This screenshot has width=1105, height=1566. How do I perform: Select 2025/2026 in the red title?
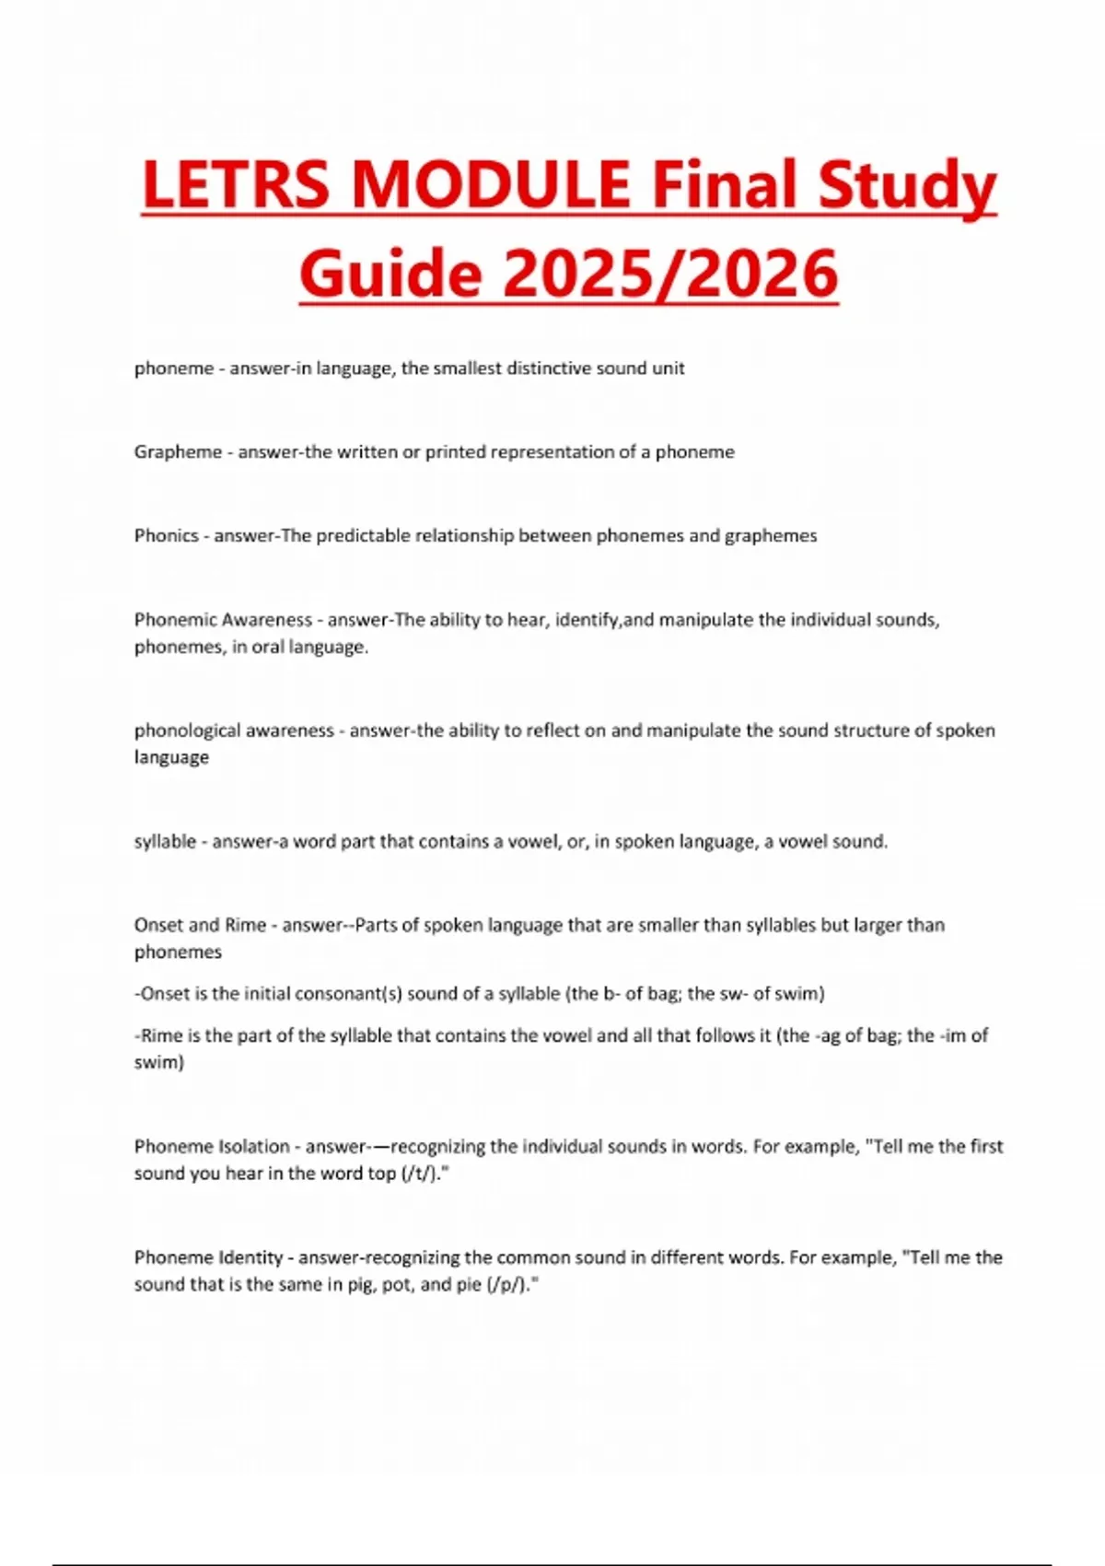pos(670,274)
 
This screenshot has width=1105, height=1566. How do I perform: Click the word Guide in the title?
pos(390,274)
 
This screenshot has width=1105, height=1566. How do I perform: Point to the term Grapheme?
pos(178,452)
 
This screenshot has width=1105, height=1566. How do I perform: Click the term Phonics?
pos(166,536)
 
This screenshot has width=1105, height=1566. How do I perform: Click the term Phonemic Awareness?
pos(223,620)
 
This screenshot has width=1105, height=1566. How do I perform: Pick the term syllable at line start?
pos(165,842)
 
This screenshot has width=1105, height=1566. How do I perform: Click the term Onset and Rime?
pos(200,925)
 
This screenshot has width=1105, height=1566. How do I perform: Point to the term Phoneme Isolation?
pos(212,1147)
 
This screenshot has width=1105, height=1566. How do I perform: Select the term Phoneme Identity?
pos(208,1257)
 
